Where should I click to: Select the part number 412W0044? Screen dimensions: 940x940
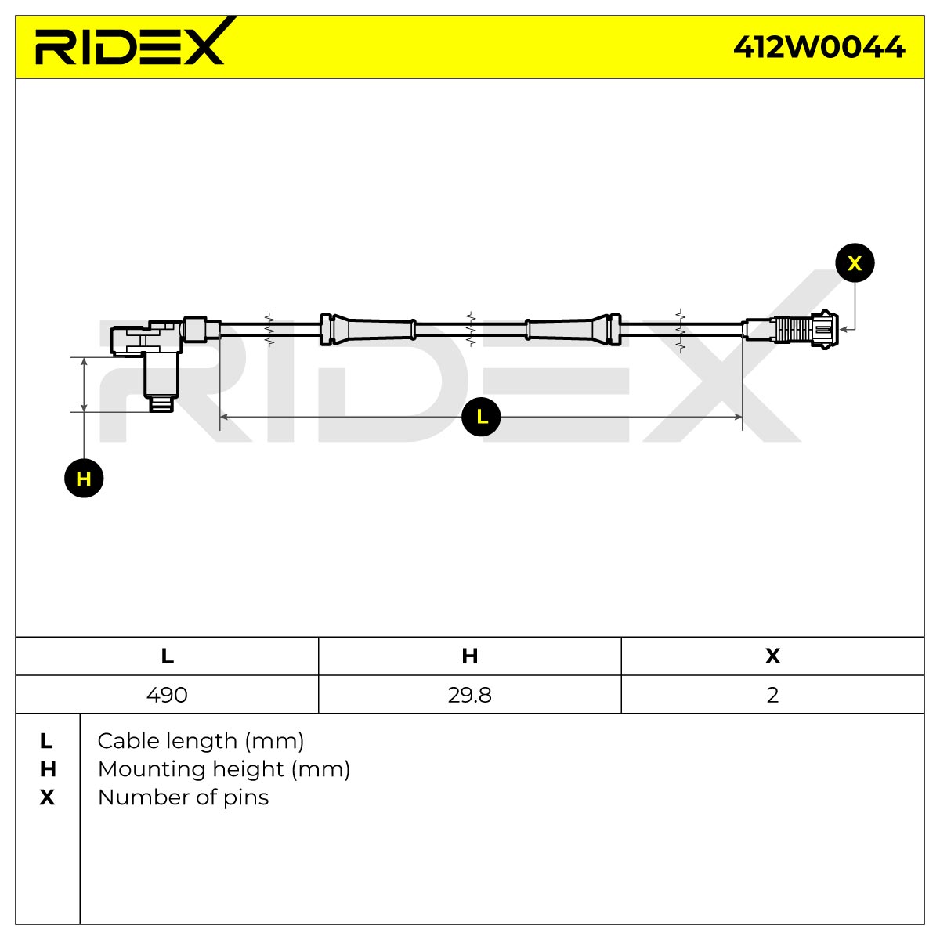click(819, 47)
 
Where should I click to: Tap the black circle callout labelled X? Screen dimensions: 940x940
click(855, 263)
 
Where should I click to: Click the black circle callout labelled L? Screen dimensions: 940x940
click(481, 417)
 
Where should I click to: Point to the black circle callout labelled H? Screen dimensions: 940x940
click(84, 478)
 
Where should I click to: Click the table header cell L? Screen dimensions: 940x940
click(168, 656)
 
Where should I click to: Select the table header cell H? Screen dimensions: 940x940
click(470, 656)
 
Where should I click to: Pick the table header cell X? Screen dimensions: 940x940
click(772, 656)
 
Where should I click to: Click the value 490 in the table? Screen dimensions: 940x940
click(167, 695)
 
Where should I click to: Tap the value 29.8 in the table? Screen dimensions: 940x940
click(470, 695)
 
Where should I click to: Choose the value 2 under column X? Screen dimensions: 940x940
click(772, 695)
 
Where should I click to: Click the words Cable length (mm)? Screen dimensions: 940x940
click(201, 741)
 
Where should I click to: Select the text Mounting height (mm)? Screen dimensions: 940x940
click(224, 769)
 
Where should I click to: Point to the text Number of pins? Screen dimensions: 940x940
click(183, 797)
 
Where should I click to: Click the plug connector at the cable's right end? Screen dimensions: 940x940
click(790, 330)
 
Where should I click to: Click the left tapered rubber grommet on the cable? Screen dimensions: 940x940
click(368, 330)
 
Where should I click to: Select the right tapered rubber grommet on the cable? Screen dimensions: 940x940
click(573, 330)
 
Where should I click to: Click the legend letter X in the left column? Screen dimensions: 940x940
click(47, 797)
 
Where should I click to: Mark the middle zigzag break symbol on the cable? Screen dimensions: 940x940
click(471, 329)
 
